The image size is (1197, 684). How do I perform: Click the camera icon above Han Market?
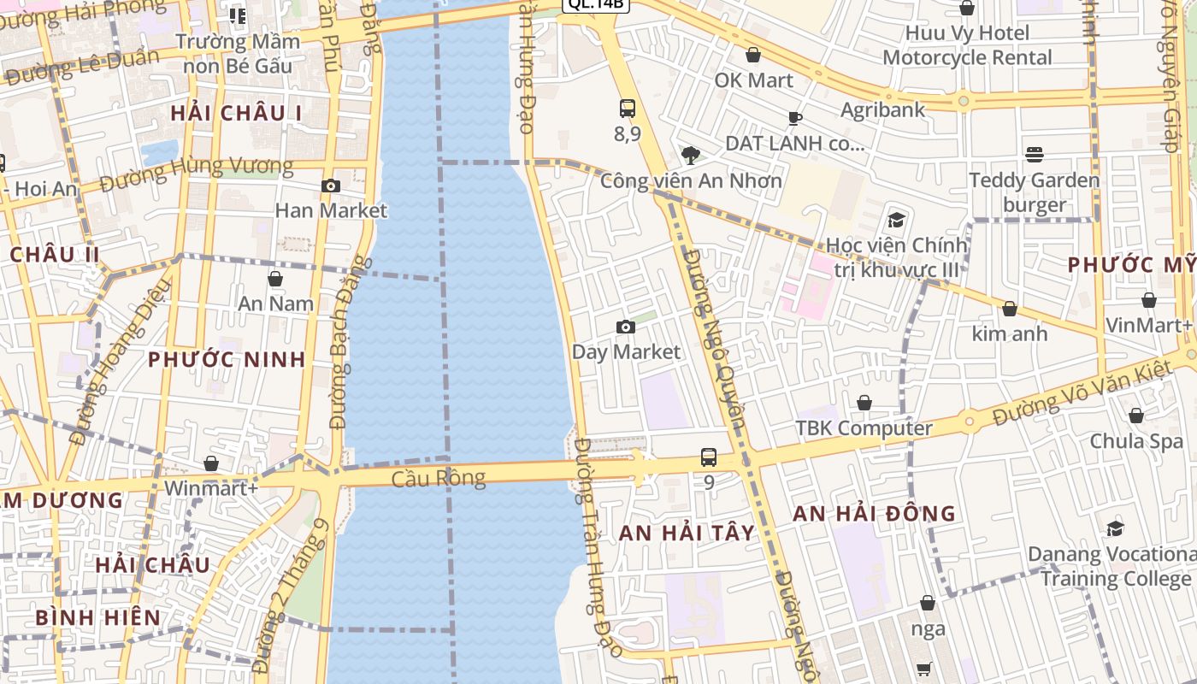click(x=331, y=186)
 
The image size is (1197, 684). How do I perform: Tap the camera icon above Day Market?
click(x=626, y=327)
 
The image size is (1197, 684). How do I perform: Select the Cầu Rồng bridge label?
click(x=439, y=478)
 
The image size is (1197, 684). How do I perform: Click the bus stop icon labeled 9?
click(x=709, y=457)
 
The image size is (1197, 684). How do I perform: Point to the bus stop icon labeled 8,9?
click(x=628, y=109)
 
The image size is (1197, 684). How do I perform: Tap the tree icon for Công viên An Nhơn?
click(x=690, y=155)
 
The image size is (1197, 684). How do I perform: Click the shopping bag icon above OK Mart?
click(x=753, y=56)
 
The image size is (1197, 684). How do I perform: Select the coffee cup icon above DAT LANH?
click(x=795, y=118)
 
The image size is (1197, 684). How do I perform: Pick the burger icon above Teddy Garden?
click(x=1035, y=155)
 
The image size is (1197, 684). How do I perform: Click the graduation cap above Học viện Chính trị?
click(x=896, y=220)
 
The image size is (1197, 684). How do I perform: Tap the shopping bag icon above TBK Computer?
click(x=864, y=403)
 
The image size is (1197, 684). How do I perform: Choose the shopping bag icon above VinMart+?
click(x=1149, y=300)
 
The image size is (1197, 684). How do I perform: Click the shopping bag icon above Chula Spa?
click(x=1136, y=416)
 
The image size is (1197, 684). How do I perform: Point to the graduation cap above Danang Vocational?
click(x=1115, y=528)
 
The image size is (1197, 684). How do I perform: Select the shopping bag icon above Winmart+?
click(x=211, y=463)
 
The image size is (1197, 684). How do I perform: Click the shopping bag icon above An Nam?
click(x=275, y=279)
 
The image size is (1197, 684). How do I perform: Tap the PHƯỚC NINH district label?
click(x=227, y=359)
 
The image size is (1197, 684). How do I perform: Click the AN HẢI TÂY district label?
click(x=687, y=533)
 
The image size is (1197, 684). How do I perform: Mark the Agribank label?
click(x=883, y=109)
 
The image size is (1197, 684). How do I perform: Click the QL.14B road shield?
click(x=596, y=4)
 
